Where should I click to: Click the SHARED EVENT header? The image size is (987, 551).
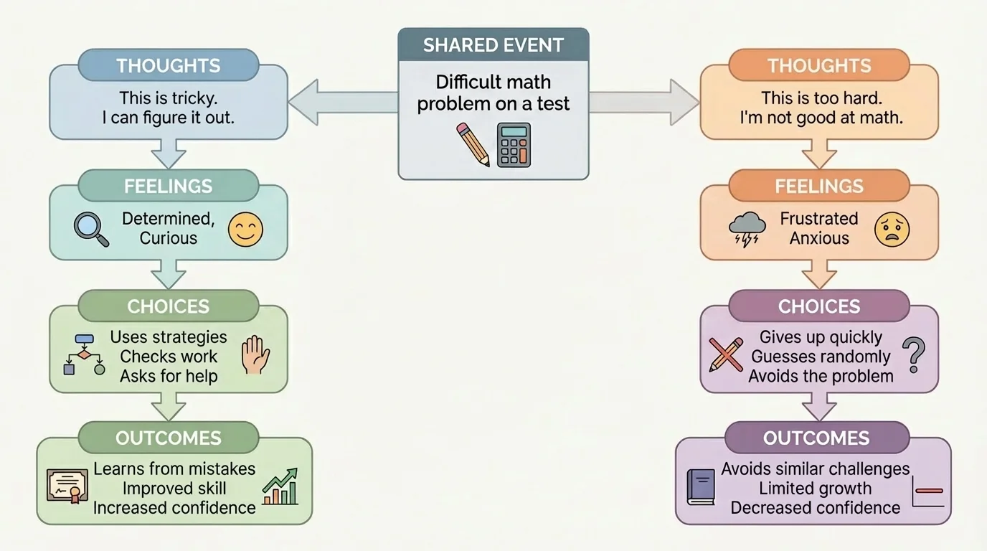(493, 45)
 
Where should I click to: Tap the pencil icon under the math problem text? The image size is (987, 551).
(473, 144)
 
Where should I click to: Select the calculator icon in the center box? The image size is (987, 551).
(514, 144)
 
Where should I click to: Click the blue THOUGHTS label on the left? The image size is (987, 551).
(168, 65)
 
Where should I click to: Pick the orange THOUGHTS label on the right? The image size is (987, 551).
(818, 65)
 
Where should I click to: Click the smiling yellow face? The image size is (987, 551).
(245, 230)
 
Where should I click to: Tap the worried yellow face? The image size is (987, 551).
(892, 230)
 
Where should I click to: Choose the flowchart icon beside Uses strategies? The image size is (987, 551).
(84, 354)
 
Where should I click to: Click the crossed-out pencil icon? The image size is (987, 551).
(725, 354)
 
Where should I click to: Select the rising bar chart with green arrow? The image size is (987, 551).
(280, 486)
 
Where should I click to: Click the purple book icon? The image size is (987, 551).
(701, 486)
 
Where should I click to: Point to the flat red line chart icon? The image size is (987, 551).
(927, 491)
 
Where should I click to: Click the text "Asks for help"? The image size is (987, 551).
(169, 376)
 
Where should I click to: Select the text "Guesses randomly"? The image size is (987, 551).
(821, 357)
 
